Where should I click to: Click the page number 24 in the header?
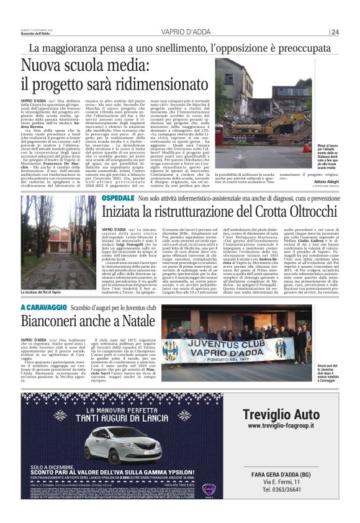(x=335, y=32)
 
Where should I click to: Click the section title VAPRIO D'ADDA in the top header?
(x=181, y=32)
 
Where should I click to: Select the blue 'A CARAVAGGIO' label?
(x=42, y=308)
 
